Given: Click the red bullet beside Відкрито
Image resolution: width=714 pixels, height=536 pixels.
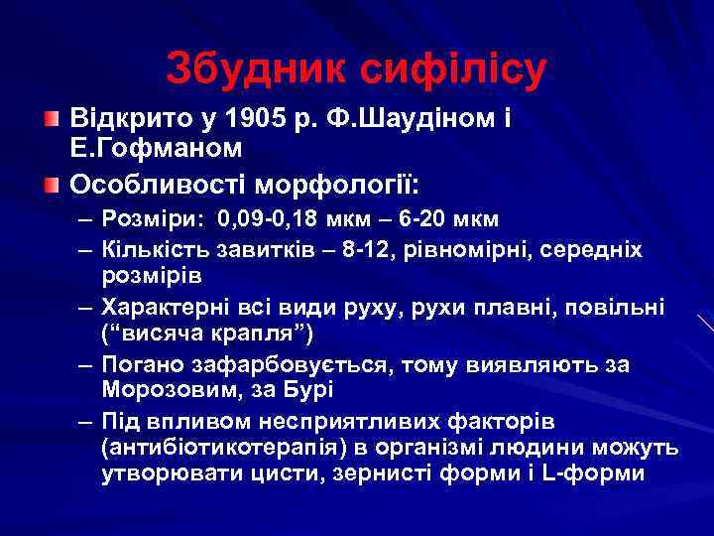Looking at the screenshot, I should pos(53,119).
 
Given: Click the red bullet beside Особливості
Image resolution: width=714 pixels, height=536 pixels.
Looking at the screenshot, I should pos(53,185).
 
